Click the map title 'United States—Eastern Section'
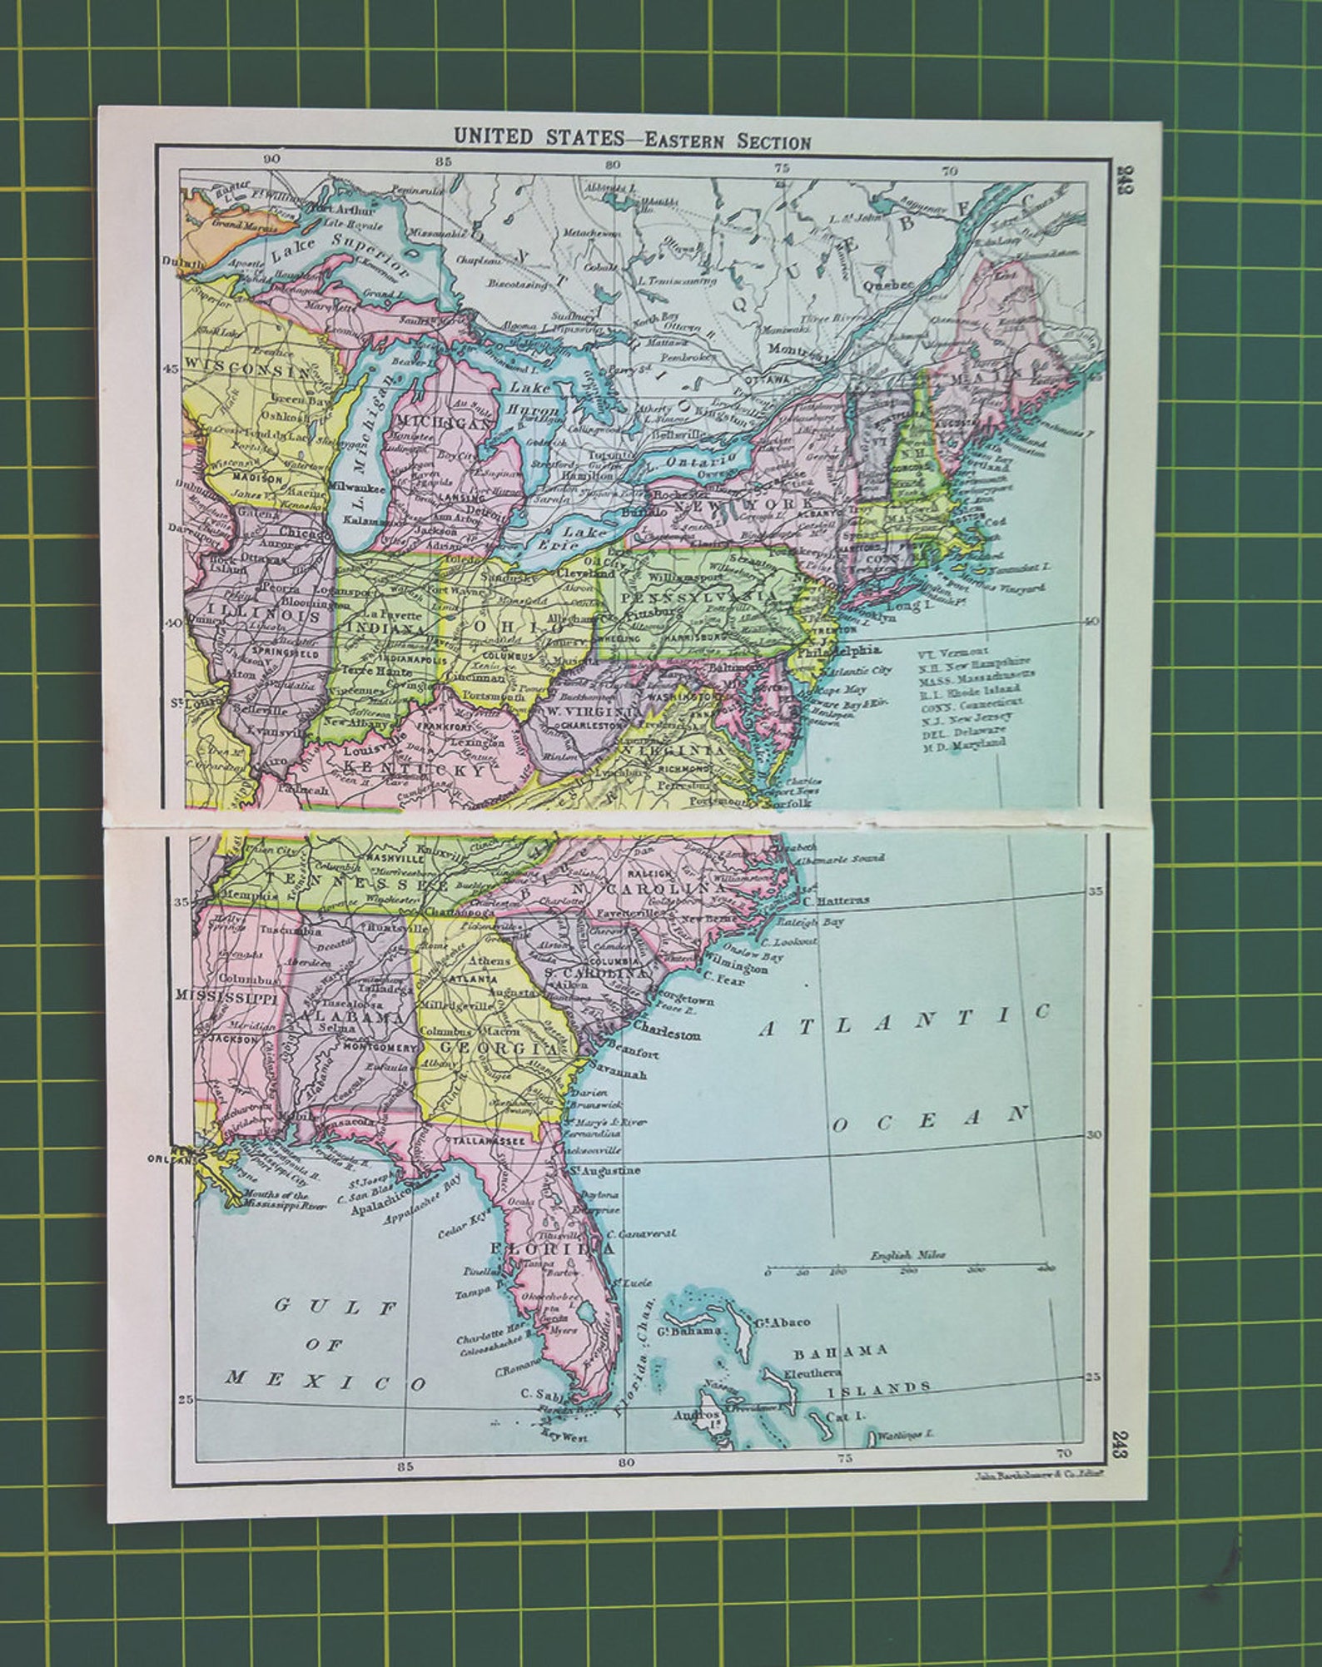(x=632, y=138)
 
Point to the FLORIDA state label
(x=552, y=1248)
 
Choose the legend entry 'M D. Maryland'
(x=963, y=745)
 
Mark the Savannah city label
(x=617, y=1074)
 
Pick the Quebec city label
(x=889, y=284)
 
